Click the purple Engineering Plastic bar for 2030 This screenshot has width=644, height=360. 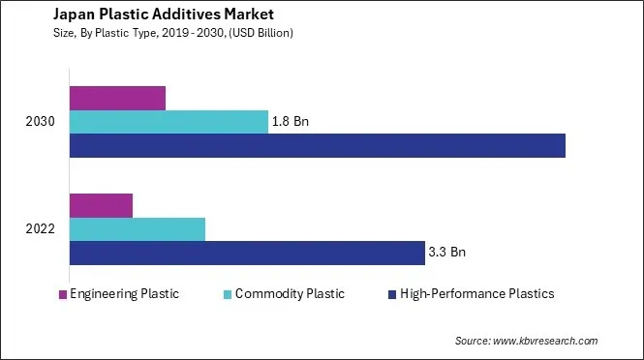point(117,98)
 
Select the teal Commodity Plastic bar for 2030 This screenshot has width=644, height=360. point(169,122)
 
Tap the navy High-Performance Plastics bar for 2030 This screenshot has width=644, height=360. point(317,145)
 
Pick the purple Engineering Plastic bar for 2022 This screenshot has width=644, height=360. point(101,205)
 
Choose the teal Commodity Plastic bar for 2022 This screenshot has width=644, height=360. point(138,229)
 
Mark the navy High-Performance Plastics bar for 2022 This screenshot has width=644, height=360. point(247,253)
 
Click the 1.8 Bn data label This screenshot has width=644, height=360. point(291,122)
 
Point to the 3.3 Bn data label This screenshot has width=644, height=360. point(446,253)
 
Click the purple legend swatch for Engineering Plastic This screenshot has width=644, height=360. point(63,294)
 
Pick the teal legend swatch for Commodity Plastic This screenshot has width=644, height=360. point(227,294)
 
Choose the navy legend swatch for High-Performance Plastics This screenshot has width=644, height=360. point(391,294)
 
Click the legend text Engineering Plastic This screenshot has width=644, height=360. point(124,294)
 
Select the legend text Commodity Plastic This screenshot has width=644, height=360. point(290,294)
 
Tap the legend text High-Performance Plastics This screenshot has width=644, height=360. point(477,294)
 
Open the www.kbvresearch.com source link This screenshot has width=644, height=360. point(545,341)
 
